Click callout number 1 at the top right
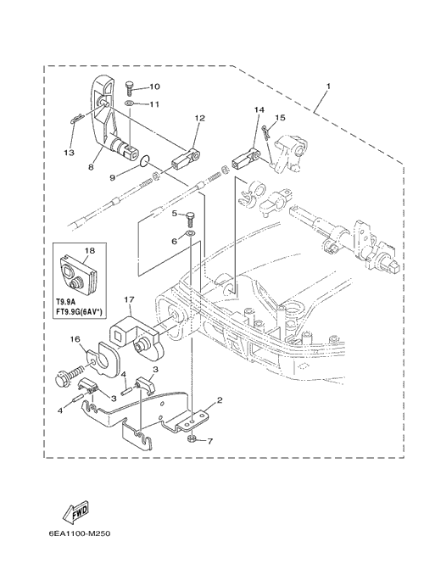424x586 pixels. pos(328,87)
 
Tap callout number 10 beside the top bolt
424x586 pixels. pos(154,87)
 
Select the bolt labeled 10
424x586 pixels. pos(130,88)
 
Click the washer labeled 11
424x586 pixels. pos(129,103)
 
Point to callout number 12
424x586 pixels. pos(200,118)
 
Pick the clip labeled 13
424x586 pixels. pos(76,119)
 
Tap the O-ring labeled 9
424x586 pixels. pos(144,161)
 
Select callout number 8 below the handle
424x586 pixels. pos(91,167)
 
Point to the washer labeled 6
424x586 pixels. pos(191,234)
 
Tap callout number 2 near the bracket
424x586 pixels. pos(220,400)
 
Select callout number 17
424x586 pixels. pos(129,299)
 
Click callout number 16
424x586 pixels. pos(75,339)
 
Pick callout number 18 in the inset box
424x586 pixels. pos(90,250)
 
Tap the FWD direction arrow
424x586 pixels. pos(76,511)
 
